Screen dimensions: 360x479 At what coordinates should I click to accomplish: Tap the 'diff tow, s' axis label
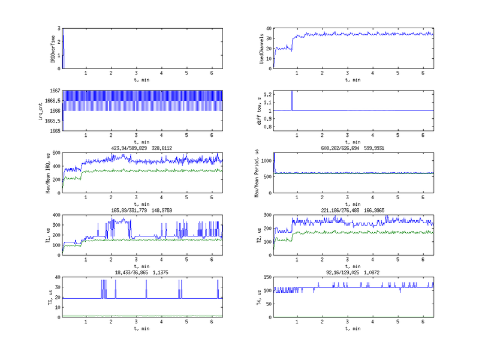tap(261, 110)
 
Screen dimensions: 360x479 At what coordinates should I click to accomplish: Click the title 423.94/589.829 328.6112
tap(142, 148)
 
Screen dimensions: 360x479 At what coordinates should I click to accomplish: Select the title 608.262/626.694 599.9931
tap(352, 148)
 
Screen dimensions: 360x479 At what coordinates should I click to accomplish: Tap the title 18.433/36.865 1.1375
tap(142, 272)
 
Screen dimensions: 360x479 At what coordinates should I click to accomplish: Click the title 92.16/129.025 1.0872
tap(352, 272)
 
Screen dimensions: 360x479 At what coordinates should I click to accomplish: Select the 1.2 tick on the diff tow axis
tap(267, 94)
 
